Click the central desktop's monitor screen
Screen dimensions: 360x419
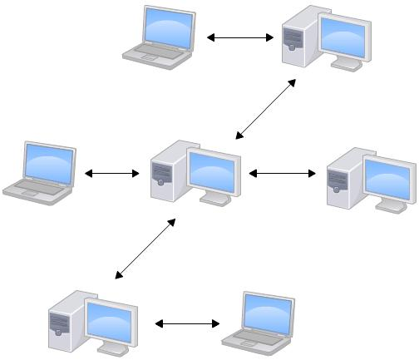click(x=214, y=170)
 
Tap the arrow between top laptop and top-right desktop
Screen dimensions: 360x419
click(x=240, y=37)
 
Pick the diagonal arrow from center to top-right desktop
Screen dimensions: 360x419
click(x=265, y=109)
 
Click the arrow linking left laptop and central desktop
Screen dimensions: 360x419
click(x=112, y=174)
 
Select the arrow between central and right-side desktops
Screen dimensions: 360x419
click(x=283, y=174)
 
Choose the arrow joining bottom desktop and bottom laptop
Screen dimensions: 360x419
click(x=187, y=323)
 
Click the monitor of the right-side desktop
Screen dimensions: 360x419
click(x=388, y=178)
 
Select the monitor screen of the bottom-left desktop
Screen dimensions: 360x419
click(x=110, y=319)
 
